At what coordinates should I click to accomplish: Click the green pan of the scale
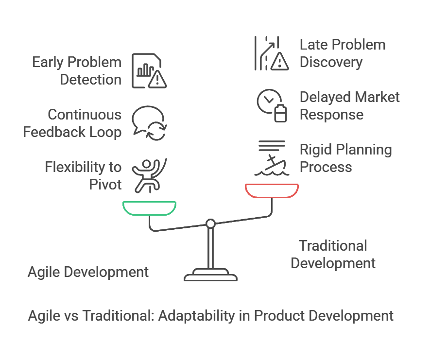[x=150, y=214]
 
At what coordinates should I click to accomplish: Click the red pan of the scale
[x=272, y=196]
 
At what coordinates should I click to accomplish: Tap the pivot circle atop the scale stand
[x=210, y=224]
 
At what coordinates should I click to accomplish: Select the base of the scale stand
[x=210, y=275]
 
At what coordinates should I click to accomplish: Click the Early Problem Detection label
[x=77, y=71]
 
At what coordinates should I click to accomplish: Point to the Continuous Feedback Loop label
[x=72, y=123]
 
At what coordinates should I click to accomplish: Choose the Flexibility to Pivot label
[x=83, y=175]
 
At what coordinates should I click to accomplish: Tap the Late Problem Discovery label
[x=343, y=53]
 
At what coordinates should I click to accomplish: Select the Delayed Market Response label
[x=350, y=105]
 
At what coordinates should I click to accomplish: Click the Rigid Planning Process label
[x=345, y=158]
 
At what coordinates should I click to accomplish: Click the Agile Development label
[x=88, y=272]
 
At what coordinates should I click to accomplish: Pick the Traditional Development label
[x=333, y=254]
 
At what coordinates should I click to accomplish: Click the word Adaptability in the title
[x=196, y=316]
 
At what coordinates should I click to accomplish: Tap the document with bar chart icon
[x=149, y=71]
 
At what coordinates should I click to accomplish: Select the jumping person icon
[x=150, y=175]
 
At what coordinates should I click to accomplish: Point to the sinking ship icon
[x=272, y=158]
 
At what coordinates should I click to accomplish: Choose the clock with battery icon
[x=272, y=105]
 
